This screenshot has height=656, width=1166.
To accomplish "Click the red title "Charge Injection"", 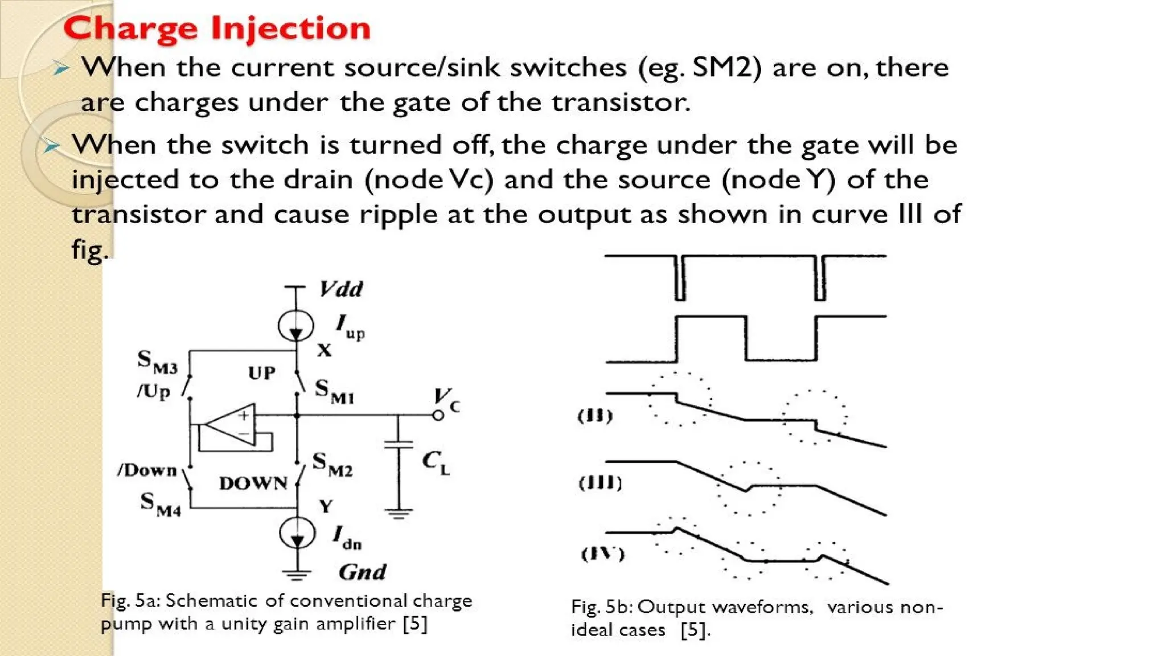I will tap(217, 28).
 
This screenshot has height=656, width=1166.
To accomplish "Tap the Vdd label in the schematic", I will tap(341, 289).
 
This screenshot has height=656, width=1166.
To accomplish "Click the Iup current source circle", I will tap(295, 326).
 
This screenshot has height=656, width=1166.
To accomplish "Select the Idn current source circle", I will tap(297, 534).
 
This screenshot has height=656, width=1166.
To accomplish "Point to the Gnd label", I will tap(362, 572).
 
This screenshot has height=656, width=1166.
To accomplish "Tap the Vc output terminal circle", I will tap(438, 415).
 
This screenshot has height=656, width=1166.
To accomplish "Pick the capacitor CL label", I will tap(436, 462).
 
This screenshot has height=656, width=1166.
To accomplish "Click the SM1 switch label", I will tap(334, 392).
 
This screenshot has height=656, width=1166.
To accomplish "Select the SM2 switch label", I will tap(332, 465).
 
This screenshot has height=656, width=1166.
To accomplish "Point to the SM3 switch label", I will tap(157, 362).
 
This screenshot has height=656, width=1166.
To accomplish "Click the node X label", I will tap(324, 350).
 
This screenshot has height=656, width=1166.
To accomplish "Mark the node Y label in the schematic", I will tap(326, 506).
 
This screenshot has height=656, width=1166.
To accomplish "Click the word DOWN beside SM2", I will tap(253, 483).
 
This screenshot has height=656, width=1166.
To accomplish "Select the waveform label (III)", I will tap(600, 483).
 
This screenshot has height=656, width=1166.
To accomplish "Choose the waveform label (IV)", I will tap(602, 553).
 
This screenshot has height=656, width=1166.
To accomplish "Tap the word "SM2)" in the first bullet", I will tap(726, 68).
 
